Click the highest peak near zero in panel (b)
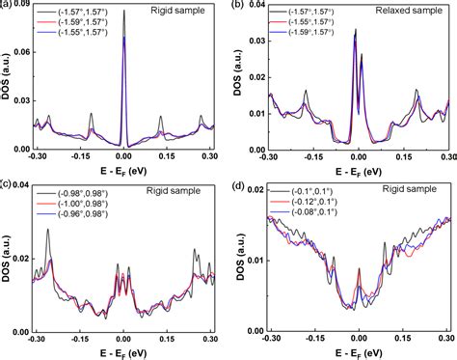pos(356,31)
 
